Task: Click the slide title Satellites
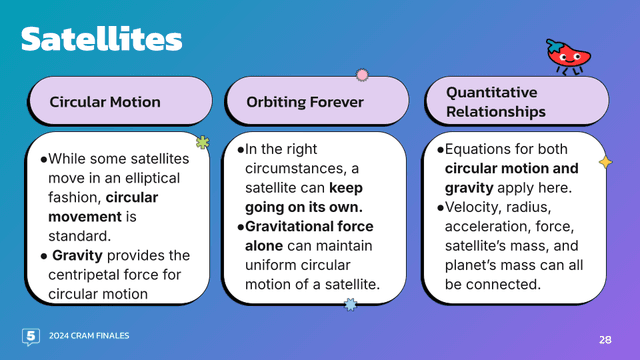(102, 39)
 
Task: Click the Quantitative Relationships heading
(496, 101)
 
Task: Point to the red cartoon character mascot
(565, 57)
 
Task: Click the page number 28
(604, 338)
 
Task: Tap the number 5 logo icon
(30, 336)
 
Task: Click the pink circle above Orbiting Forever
(362, 75)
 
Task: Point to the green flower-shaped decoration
(203, 143)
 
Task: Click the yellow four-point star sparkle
(604, 162)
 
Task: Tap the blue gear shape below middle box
(350, 303)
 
